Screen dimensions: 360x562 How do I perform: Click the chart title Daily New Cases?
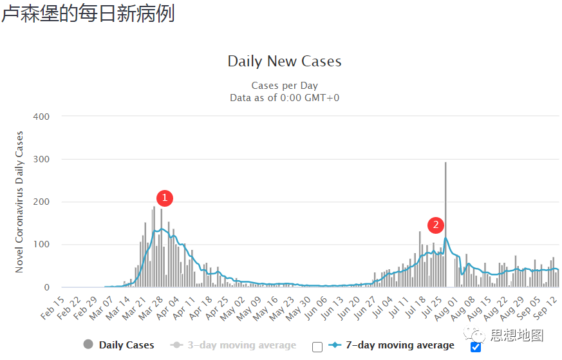(x=285, y=62)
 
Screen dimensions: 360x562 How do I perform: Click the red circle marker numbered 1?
(x=164, y=198)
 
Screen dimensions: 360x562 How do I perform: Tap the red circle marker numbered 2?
(x=436, y=225)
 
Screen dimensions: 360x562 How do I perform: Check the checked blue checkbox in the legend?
(x=476, y=347)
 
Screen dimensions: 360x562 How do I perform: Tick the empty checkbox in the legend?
(x=317, y=347)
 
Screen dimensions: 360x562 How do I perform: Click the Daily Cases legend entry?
(x=126, y=345)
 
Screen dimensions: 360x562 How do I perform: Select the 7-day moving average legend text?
(x=400, y=345)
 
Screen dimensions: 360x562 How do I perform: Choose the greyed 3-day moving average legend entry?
(x=241, y=345)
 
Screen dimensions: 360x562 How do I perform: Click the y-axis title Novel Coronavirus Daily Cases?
(x=20, y=202)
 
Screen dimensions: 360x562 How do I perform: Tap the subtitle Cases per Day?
(x=285, y=86)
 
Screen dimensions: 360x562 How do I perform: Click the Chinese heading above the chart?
(x=88, y=14)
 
